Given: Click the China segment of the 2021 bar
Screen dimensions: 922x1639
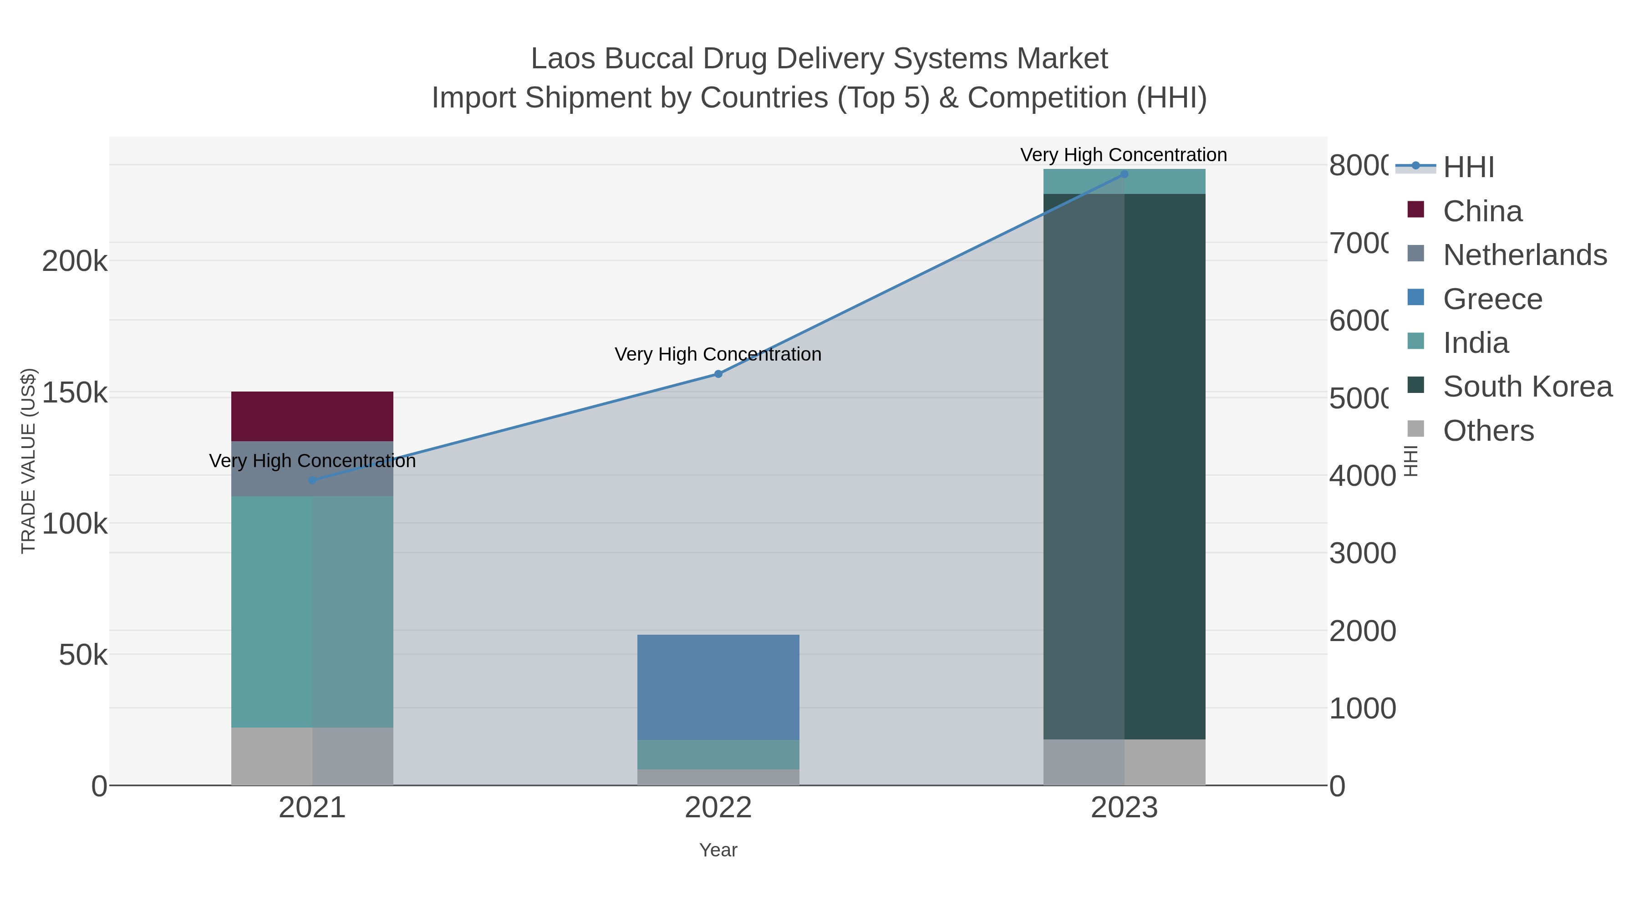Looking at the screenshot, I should coord(312,416).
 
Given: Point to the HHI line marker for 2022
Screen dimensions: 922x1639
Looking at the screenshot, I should coord(718,374).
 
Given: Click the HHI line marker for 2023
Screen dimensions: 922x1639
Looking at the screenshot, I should coord(1124,174).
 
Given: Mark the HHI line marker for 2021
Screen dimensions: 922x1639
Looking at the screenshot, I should coord(312,480).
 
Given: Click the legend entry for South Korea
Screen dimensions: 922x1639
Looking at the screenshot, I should coord(1527,387).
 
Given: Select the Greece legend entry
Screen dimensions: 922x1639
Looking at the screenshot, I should coord(1492,299).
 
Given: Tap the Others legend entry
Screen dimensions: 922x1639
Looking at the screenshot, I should coord(1487,431).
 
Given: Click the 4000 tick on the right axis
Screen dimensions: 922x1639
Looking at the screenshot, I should coord(1362,475).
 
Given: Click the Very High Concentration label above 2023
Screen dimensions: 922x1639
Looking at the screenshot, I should coord(1124,155).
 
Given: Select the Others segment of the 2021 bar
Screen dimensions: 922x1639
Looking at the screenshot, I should coord(312,756).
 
